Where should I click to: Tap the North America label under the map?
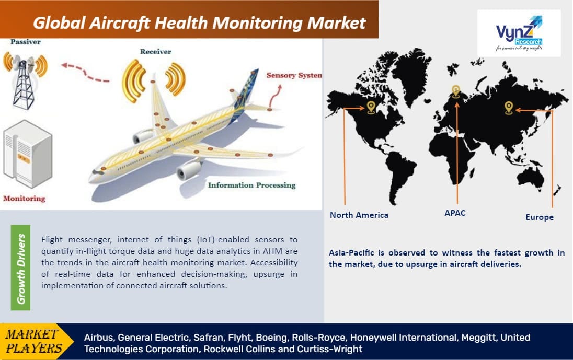pyautogui.click(x=359, y=215)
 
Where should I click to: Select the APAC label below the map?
pyautogui.click(x=454, y=213)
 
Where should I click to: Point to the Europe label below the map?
pyautogui.click(x=539, y=217)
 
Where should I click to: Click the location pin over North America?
pyautogui.click(x=371, y=107)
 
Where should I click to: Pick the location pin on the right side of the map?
pyautogui.click(x=508, y=107)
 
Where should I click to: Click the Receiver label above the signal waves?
pyautogui.click(x=155, y=52)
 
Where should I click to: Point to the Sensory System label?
pyautogui.click(x=294, y=75)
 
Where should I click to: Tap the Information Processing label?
pyautogui.click(x=251, y=185)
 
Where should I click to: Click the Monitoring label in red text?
pyautogui.click(x=24, y=199)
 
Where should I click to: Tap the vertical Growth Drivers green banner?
pyautogui.click(x=21, y=268)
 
